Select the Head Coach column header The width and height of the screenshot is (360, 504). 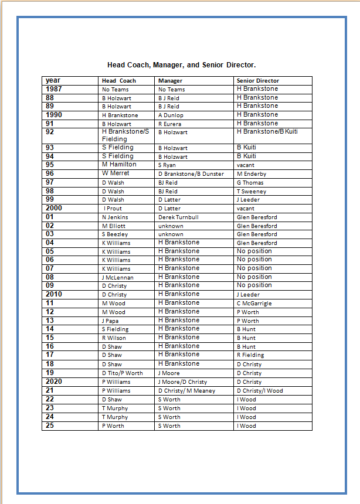pos(118,81)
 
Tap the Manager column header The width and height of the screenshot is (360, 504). pos(170,81)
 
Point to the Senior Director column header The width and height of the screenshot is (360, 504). pos(257,81)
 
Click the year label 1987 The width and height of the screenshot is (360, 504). pos(54,89)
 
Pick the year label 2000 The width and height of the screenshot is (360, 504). pos(54,208)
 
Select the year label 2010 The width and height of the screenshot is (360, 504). pos(54,294)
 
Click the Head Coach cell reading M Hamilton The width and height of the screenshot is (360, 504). pos(119,165)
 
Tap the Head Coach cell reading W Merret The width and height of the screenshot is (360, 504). pos(116,173)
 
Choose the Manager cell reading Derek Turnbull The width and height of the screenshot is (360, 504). pos(178,217)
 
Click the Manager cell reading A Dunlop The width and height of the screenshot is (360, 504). pos(171,115)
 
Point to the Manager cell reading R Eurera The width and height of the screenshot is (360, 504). pos(169,124)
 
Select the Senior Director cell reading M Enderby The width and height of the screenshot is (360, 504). pos(252,174)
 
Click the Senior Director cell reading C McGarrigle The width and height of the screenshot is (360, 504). pos(254,304)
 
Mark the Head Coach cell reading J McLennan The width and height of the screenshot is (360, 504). pos(117,278)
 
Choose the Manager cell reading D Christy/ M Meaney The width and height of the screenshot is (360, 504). pos(186,391)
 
